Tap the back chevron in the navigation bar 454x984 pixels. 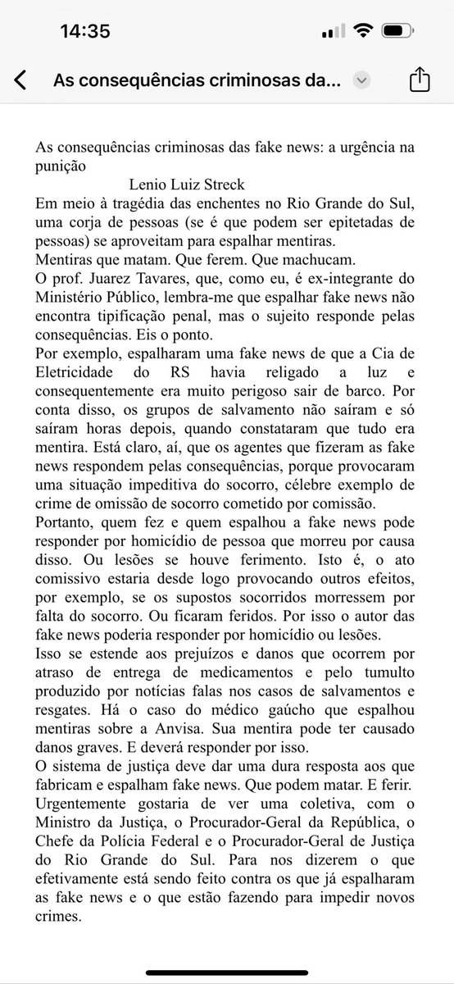click(x=20, y=80)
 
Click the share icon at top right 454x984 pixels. click(x=418, y=80)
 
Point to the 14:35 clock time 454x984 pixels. click(x=86, y=31)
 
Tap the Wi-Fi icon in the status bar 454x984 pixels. click(x=361, y=31)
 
